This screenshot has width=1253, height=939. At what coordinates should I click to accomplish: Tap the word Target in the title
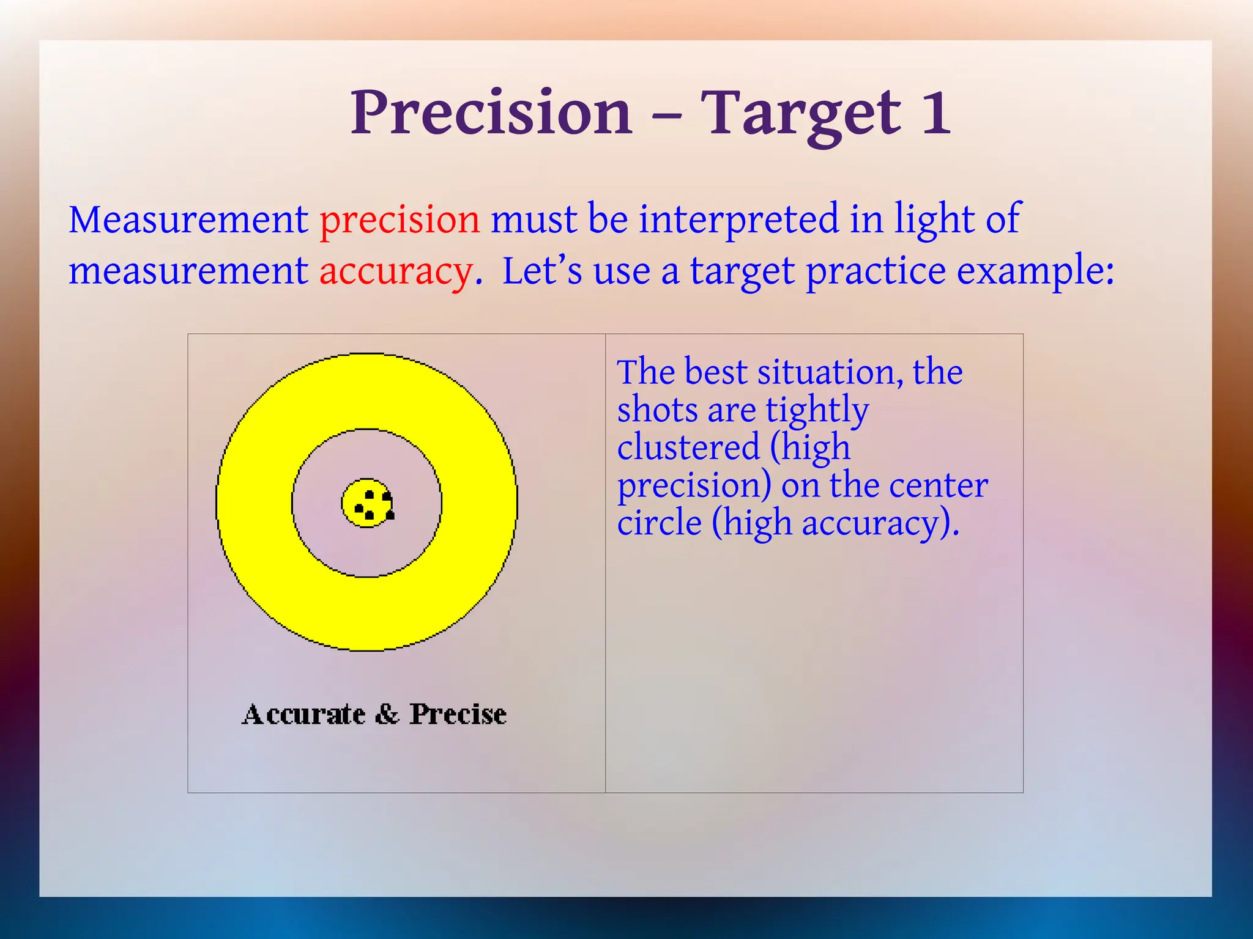tap(800, 114)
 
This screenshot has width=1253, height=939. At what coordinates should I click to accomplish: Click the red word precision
tap(400, 220)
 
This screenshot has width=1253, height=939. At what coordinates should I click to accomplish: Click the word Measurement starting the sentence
tap(188, 220)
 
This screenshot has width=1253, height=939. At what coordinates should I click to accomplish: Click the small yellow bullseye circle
tap(366, 503)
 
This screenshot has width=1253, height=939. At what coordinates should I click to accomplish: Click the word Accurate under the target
tap(304, 714)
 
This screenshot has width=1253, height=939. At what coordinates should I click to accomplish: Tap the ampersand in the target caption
tap(387, 714)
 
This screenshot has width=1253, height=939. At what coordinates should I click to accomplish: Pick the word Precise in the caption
tap(458, 714)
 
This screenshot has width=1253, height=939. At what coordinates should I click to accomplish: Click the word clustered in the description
tap(688, 447)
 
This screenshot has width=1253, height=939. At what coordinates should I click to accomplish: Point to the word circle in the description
tap(659, 523)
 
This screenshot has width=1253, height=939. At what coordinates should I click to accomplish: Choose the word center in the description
tap(939, 486)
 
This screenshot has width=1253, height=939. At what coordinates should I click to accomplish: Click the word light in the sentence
tap(934, 220)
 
